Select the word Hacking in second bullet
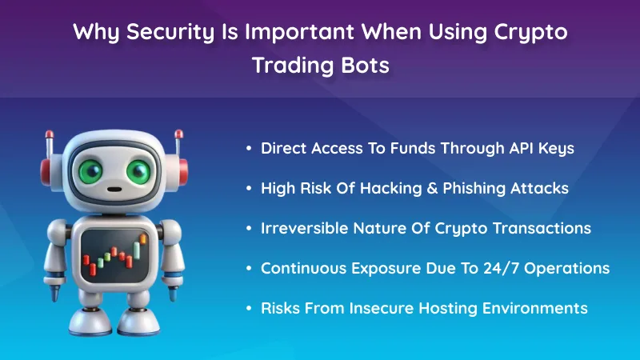tap(381, 188)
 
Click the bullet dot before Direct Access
tap(250, 149)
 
